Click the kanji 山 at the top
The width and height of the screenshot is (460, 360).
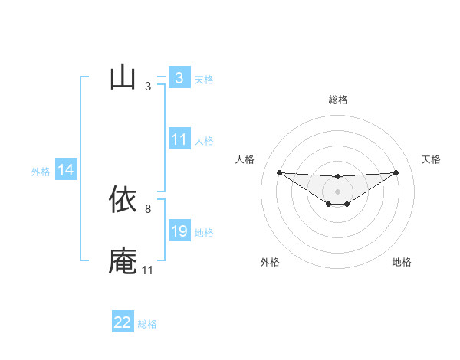123,78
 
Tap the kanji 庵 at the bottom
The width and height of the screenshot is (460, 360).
123,260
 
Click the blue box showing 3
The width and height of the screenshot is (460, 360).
179,78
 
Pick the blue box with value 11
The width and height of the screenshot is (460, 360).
179,139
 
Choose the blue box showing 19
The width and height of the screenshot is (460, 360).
179,231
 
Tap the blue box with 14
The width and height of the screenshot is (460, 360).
66,170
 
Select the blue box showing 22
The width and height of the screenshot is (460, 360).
123,322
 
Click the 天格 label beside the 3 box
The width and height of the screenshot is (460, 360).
204,79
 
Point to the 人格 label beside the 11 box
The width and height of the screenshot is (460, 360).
204,141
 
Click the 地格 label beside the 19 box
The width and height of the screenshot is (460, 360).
204,233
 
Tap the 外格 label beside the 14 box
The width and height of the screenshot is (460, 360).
41,172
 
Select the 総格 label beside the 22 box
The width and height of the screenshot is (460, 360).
147,324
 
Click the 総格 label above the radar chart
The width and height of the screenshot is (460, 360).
337,100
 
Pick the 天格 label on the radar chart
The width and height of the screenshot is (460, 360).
432,159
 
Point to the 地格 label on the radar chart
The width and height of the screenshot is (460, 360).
402,262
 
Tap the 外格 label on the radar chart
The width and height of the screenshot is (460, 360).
270,262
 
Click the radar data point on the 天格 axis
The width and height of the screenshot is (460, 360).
396,172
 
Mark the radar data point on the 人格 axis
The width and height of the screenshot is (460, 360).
279,172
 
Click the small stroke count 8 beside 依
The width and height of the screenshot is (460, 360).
147,208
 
